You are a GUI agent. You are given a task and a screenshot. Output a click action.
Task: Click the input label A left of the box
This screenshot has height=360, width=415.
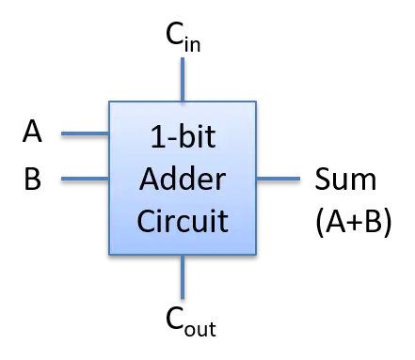pos(32,132)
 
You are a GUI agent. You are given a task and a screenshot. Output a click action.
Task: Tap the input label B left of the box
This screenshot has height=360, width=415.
pos(32,179)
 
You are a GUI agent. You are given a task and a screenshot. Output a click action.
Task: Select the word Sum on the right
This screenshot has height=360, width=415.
pos(345,179)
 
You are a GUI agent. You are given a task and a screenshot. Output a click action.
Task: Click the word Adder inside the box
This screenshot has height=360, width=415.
pos(183,179)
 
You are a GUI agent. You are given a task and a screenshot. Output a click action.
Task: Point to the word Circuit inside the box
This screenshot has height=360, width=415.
pos(183,221)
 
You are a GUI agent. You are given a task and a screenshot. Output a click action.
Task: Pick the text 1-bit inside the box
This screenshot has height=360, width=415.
pos(183,136)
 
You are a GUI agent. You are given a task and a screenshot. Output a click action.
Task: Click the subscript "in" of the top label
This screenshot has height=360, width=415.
pos(192,44)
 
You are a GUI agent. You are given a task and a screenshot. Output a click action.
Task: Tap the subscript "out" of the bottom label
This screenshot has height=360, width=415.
pos(200,329)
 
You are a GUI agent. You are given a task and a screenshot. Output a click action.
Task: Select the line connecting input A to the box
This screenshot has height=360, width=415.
pos(85,133)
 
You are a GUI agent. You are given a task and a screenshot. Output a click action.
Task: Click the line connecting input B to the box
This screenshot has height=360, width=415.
pos(85,179)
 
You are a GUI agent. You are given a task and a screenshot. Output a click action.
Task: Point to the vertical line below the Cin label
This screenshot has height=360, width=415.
pos(183,79)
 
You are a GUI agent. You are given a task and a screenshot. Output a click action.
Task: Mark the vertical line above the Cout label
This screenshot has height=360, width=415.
pos(183,276)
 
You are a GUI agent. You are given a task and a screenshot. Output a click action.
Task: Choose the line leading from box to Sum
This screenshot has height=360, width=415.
pos(279,179)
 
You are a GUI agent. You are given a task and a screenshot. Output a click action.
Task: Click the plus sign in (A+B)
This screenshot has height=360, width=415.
pos(355,222)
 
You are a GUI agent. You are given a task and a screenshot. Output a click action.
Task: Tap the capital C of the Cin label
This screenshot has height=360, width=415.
pos(175,33)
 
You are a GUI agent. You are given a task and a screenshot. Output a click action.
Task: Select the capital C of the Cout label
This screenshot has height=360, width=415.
pos(175,318)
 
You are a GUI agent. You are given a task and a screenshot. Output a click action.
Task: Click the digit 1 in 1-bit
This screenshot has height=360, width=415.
pos(157,136)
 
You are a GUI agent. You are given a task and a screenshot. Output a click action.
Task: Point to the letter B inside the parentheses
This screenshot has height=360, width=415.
pos(374,221)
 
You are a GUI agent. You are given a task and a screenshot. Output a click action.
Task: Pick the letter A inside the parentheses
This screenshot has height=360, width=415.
pos(336,221)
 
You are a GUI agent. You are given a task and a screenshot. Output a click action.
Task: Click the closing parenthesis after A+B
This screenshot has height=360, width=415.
pos(388,223)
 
